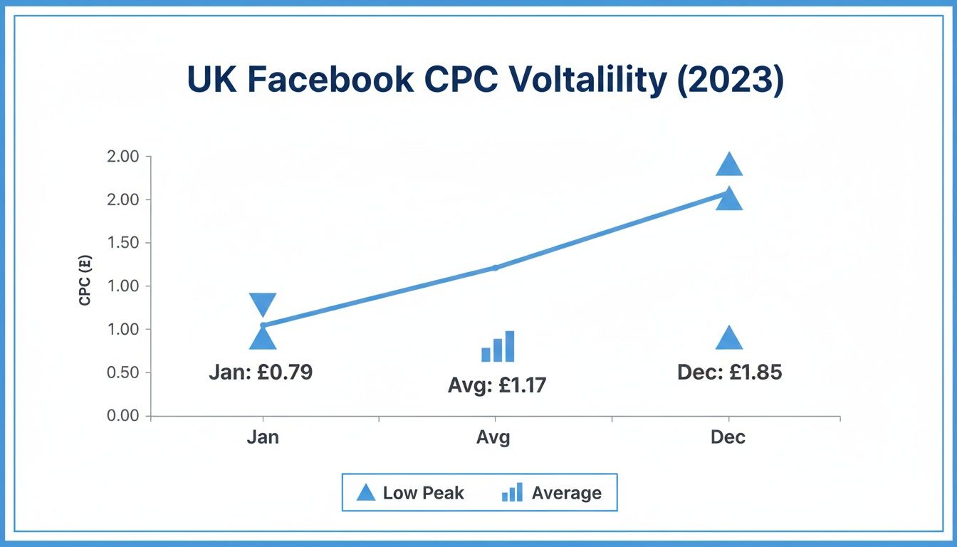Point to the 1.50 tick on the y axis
pos(126,243)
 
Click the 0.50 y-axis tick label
pos(126,373)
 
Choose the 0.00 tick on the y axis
pos(126,416)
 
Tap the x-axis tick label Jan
pos(263,437)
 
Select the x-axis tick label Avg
pos(493,437)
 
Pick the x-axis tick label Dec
pos(728,437)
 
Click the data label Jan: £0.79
pos(261,372)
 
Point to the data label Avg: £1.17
pos(497,385)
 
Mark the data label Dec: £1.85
pos(729,373)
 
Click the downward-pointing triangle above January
pos(263,303)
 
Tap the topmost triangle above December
pos(728,165)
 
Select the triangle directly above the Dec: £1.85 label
pos(728,340)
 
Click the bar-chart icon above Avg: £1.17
pos(498,347)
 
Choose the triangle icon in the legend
pos(365,493)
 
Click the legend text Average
pos(566,493)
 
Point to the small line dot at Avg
pos(495,268)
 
